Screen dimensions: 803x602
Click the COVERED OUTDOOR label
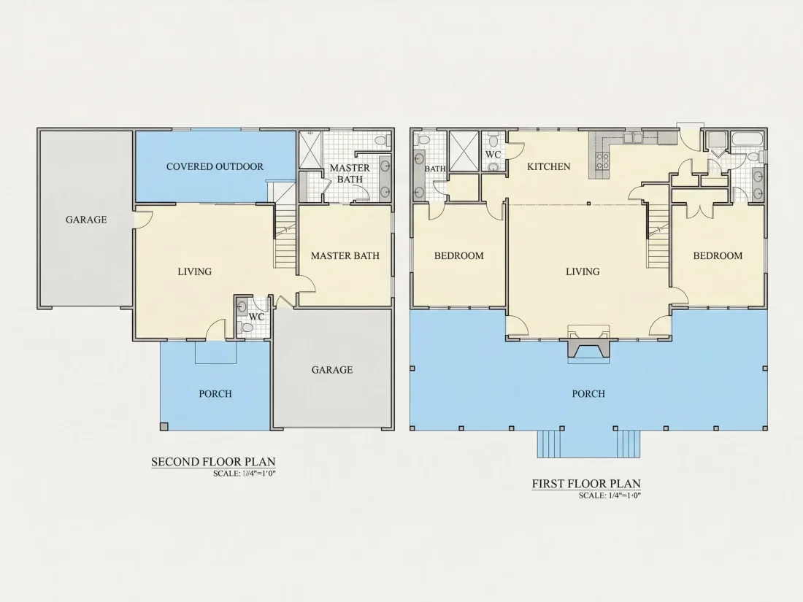point(215,166)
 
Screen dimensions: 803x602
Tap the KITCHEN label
point(548,166)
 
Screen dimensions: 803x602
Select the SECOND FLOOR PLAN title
point(213,462)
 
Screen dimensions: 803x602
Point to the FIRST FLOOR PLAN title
point(586,484)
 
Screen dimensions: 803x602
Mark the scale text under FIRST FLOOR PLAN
point(610,495)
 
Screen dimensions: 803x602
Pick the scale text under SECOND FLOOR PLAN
point(245,474)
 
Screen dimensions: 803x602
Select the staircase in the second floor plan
point(285,236)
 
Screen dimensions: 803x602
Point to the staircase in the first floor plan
point(658,236)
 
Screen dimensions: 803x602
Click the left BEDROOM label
point(459,255)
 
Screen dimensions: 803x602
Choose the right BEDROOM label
point(718,255)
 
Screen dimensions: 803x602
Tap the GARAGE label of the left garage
point(86,220)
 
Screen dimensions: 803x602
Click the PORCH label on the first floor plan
point(588,393)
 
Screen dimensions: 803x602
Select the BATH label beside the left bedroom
point(435,169)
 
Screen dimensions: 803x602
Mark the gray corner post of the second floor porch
point(164,426)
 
